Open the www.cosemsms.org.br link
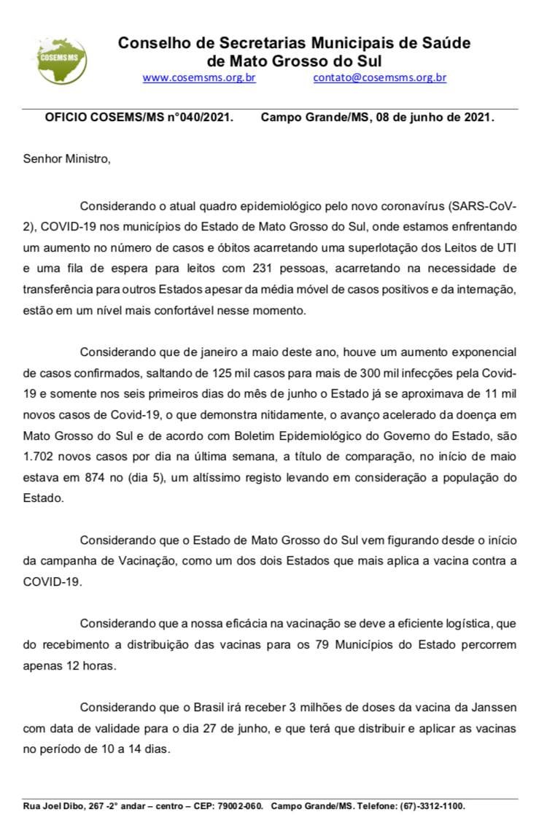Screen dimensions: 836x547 click(x=199, y=77)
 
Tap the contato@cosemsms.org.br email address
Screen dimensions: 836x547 click(x=379, y=77)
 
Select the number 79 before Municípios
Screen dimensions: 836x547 click(x=325, y=645)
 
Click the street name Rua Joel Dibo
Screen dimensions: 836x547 click(x=52, y=806)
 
